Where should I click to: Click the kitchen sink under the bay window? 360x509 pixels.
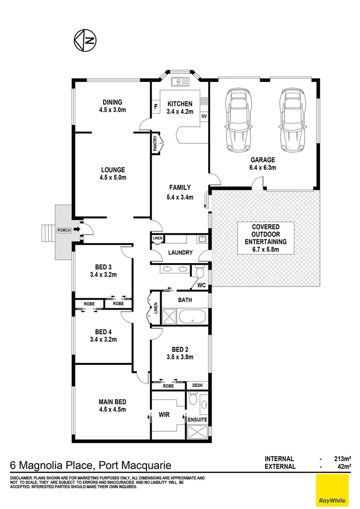[x=180, y=82]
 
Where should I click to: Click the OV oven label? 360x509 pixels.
[x=205, y=115]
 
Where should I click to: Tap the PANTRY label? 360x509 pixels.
[x=155, y=143]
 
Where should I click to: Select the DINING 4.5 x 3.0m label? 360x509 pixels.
[x=112, y=106]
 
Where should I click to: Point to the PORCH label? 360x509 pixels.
[x=64, y=230]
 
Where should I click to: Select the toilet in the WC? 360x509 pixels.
[x=198, y=272]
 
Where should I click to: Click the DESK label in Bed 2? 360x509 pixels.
[x=197, y=386]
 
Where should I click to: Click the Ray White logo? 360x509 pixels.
[x=332, y=490]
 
